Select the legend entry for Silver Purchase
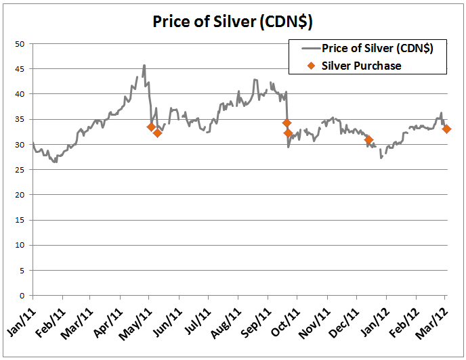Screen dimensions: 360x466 coord(361,66)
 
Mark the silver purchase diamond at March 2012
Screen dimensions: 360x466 coord(447,129)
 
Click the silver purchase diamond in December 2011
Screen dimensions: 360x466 coord(368,140)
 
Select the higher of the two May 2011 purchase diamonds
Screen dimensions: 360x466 coord(151,127)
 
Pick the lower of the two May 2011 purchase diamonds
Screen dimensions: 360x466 coord(157,133)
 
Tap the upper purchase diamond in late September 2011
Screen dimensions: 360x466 coord(287,123)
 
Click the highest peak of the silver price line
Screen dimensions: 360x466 coord(144,66)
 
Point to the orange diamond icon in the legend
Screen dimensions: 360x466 coord(312,66)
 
